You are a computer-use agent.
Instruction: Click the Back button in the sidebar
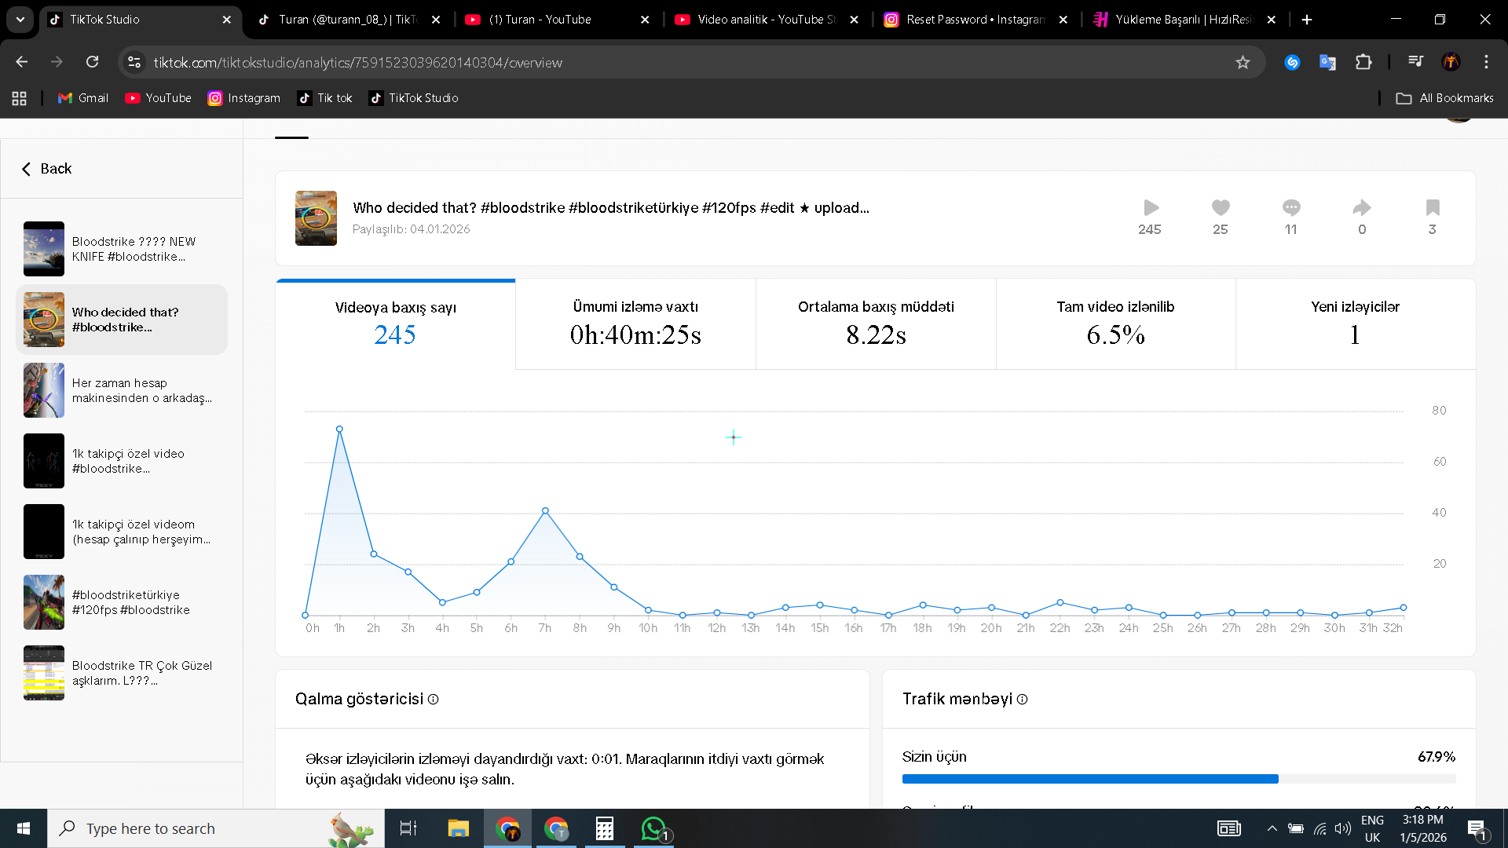coord(46,169)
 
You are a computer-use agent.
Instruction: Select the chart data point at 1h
coord(339,429)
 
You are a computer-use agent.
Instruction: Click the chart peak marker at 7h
coord(545,511)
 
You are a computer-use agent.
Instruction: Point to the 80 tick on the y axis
coord(1439,411)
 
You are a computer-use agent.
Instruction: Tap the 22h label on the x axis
coord(1060,628)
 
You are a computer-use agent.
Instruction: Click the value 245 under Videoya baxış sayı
coord(395,335)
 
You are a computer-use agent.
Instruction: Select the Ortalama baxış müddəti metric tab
coord(876,324)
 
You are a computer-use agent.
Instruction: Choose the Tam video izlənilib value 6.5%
coord(1115,335)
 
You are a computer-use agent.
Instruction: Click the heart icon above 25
coord(1220,207)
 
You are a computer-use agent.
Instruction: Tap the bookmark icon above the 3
coord(1433,207)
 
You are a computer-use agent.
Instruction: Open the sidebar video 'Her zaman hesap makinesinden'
coord(122,390)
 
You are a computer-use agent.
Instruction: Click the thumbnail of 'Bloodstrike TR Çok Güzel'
coord(44,673)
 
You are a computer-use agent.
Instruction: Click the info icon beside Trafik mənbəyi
coord(1022,700)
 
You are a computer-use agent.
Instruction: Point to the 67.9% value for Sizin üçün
coord(1437,757)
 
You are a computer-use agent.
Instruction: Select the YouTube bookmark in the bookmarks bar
coord(158,98)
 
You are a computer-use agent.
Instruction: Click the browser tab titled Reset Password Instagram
coord(975,20)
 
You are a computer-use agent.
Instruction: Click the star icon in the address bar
coord(1243,62)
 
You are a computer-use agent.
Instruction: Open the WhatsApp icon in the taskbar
coord(653,828)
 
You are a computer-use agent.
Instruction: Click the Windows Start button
coord(24,828)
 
